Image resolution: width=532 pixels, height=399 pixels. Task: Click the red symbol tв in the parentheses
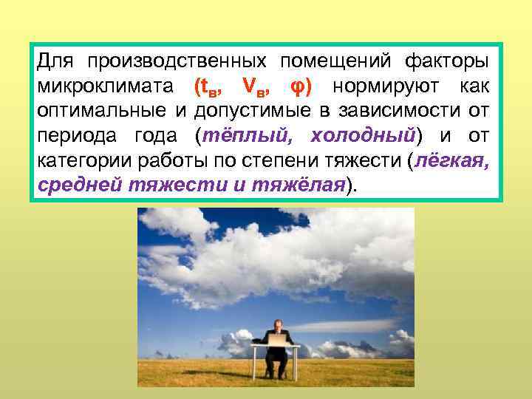210,86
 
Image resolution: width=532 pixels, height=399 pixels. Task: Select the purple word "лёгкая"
450,161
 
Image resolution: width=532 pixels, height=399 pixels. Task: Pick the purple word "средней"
78,186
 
